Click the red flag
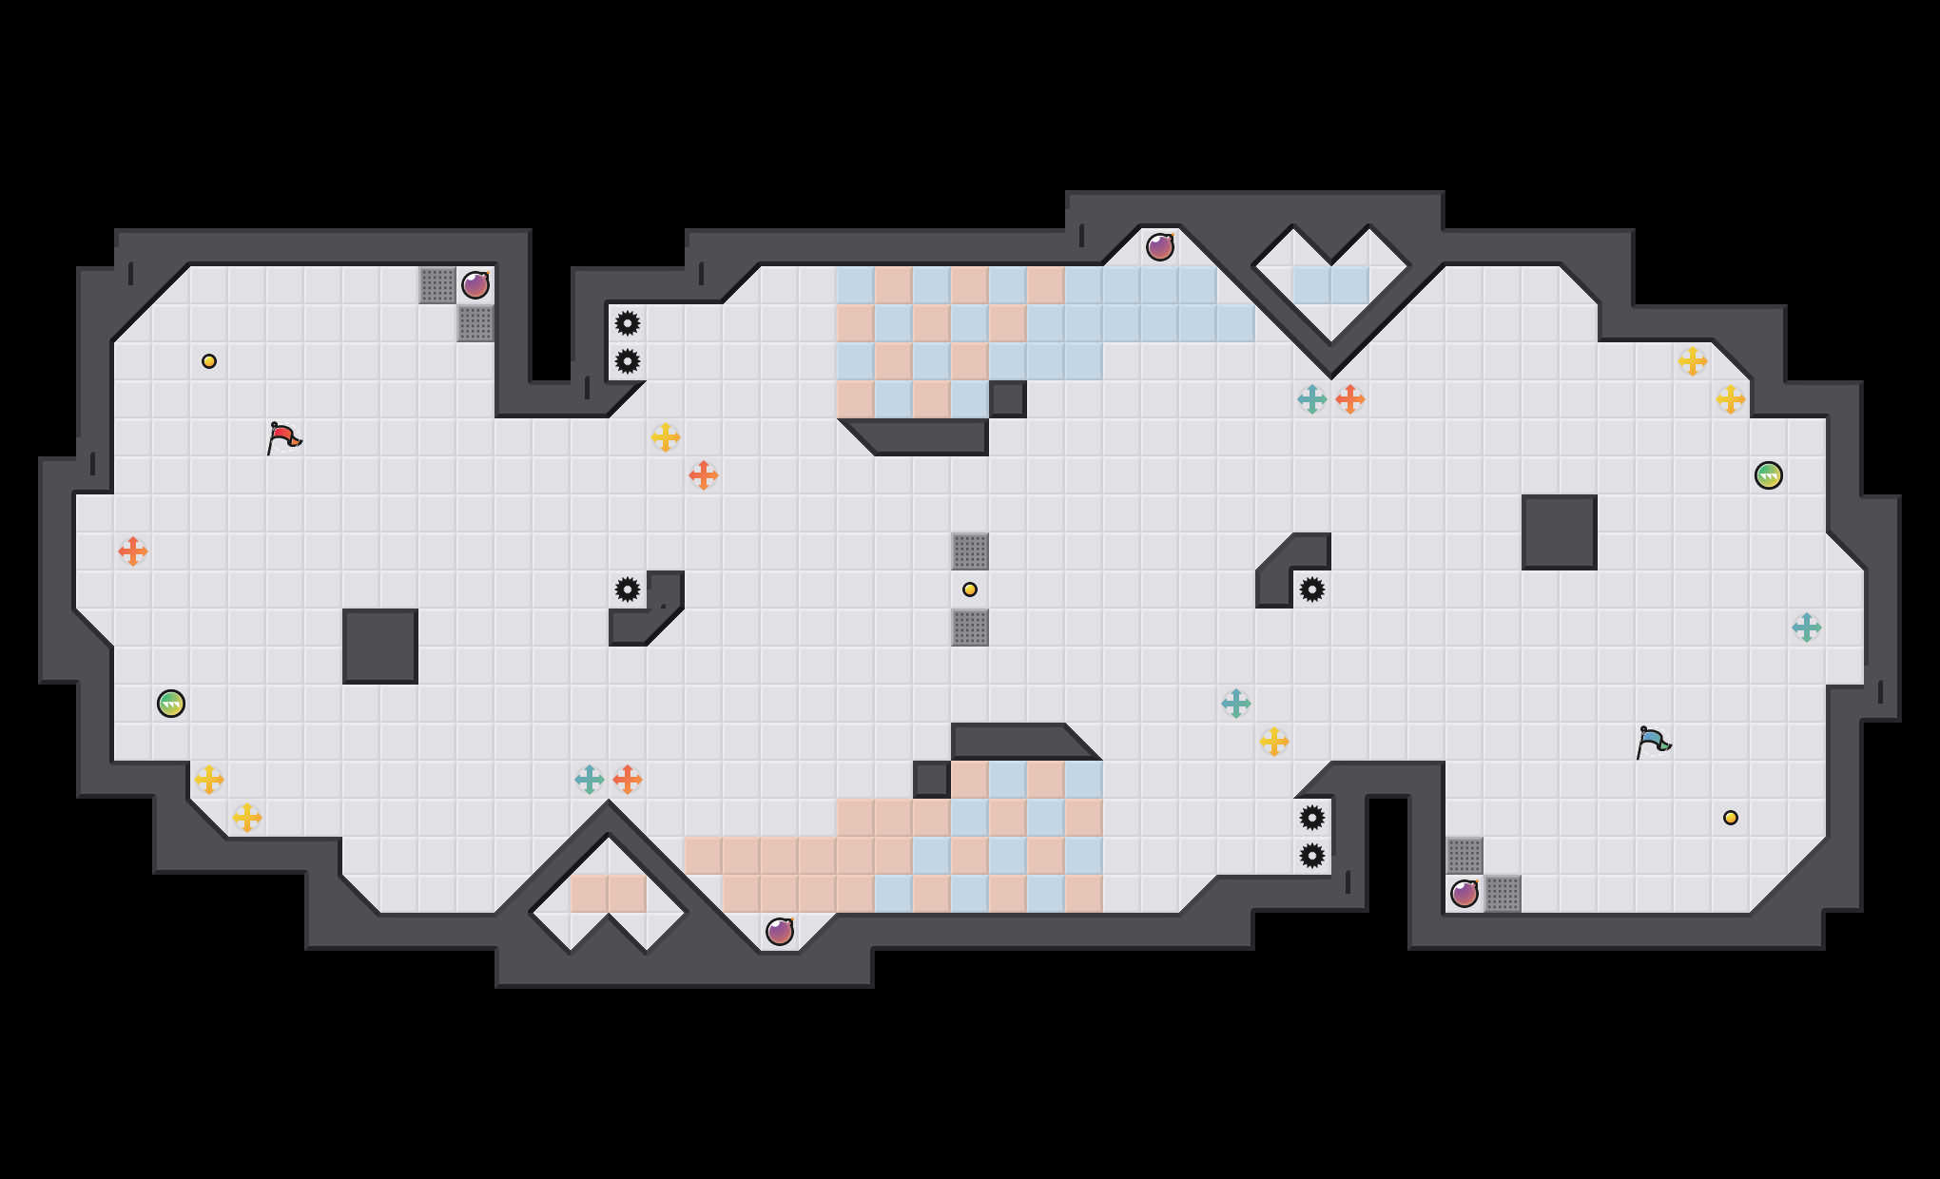(x=283, y=437)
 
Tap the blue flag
(x=1653, y=742)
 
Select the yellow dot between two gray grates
(x=970, y=589)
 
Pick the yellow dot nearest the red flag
(x=209, y=361)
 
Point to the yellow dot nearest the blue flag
(x=1731, y=818)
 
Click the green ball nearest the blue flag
(x=1769, y=475)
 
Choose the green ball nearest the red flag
(x=171, y=704)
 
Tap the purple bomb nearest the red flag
(x=475, y=285)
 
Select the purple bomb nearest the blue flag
(x=1465, y=894)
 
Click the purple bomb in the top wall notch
(x=1160, y=247)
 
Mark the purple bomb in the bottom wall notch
(x=780, y=932)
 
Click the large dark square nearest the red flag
(x=380, y=647)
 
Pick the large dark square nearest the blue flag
(x=1560, y=532)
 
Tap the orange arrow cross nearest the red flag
(x=133, y=551)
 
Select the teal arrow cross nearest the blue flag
(x=1807, y=628)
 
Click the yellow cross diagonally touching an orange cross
(x=666, y=437)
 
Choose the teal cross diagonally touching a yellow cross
(x=1236, y=704)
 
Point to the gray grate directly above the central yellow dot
(x=970, y=551)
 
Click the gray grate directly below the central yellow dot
(x=970, y=628)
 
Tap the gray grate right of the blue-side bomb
(x=1503, y=894)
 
